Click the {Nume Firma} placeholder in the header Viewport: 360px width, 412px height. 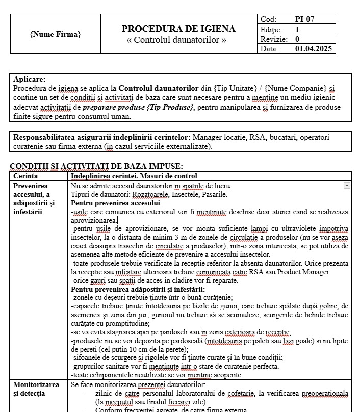(56, 34)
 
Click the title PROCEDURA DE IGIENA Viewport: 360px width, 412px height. (178, 29)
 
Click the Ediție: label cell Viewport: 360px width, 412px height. (271, 29)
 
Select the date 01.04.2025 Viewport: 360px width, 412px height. (313, 49)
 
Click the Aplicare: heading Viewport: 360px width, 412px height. (29, 79)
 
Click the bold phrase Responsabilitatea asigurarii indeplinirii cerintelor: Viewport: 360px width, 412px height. (102, 137)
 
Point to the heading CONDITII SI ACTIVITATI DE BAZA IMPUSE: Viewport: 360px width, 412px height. (96, 166)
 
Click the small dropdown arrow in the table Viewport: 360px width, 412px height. (347, 186)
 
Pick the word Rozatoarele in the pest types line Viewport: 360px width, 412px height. (152, 194)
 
